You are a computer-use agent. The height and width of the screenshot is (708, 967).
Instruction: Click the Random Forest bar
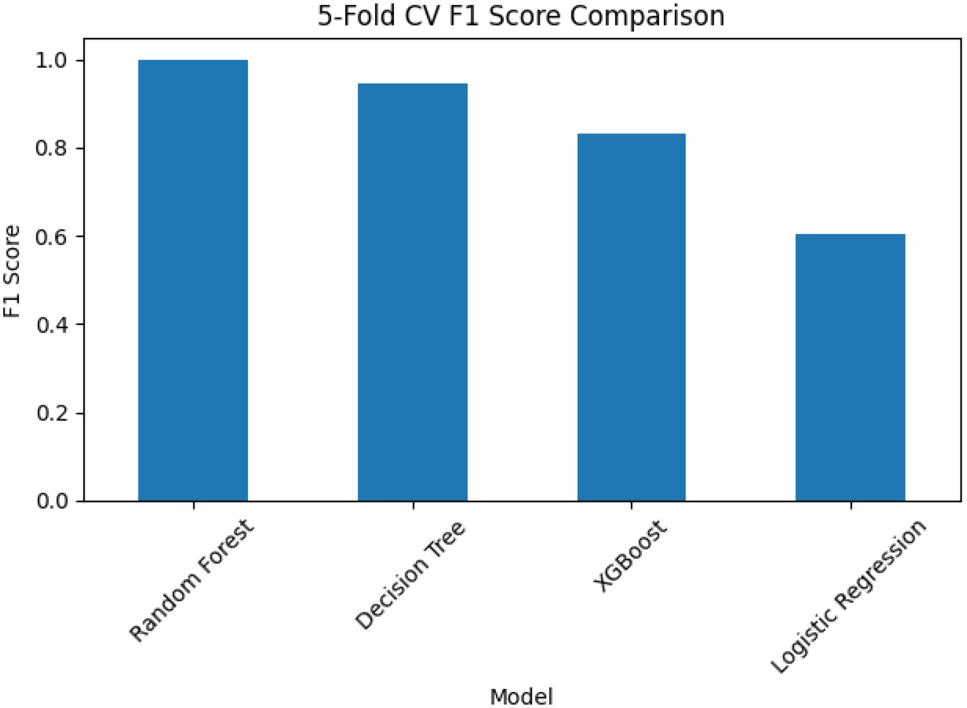193,280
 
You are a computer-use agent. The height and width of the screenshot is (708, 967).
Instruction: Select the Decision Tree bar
413,292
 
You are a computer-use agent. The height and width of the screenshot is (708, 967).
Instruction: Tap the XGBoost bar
631,317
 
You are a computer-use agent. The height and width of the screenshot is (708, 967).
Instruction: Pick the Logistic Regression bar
850,368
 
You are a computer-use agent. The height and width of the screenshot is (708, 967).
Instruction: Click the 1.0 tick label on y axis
51,61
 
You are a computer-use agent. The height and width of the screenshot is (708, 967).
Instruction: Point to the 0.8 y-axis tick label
51,149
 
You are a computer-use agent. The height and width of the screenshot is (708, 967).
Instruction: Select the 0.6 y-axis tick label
51,237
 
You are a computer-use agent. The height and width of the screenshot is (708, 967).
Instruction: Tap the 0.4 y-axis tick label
51,325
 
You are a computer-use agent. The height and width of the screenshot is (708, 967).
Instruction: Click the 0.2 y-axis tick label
51,413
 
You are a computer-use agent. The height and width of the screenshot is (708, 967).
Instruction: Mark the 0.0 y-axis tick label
51,501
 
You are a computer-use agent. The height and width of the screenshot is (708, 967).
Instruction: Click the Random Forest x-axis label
191,580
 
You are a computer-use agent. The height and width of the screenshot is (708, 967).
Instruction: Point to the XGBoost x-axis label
630,556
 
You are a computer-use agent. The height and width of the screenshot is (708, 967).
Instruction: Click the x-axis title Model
521,696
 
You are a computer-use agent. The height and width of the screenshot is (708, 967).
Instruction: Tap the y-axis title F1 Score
12,271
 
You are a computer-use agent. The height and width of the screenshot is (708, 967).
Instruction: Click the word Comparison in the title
647,16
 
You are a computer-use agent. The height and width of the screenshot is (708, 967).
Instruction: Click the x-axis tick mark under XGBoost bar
631,505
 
